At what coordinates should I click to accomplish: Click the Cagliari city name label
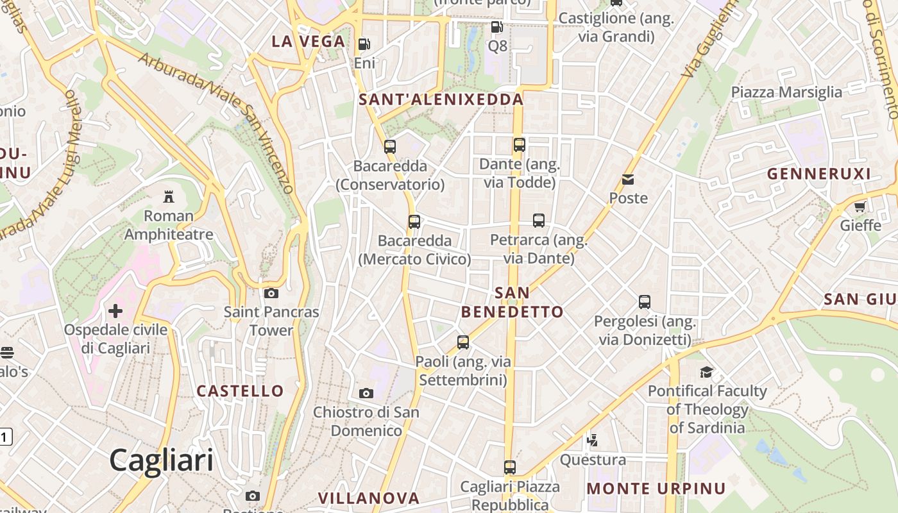click(x=161, y=460)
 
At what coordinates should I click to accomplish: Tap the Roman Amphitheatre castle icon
click(x=169, y=196)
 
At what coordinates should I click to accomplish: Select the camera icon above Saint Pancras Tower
click(x=271, y=293)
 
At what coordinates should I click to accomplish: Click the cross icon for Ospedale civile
click(x=115, y=312)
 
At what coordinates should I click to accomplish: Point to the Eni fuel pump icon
click(x=364, y=44)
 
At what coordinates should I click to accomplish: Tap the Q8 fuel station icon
click(x=497, y=27)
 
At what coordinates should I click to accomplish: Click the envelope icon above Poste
click(x=628, y=180)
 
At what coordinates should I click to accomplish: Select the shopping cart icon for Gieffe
click(x=860, y=206)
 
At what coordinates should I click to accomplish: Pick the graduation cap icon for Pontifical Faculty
click(x=706, y=372)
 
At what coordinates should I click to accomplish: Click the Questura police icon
click(x=593, y=441)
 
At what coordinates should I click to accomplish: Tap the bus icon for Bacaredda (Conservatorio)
click(x=390, y=147)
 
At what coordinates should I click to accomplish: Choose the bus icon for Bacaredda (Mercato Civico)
click(x=414, y=222)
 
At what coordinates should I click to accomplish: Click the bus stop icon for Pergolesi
click(x=645, y=301)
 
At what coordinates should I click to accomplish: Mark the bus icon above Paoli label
click(x=463, y=342)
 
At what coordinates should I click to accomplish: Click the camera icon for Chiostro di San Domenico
click(x=366, y=393)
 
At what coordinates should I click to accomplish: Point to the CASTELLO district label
click(x=240, y=391)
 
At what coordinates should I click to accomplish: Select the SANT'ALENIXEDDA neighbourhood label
click(x=441, y=100)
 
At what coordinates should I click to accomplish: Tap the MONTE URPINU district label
click(x=656, y=489)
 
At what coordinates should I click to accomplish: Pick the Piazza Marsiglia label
click(x=786, y=92)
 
